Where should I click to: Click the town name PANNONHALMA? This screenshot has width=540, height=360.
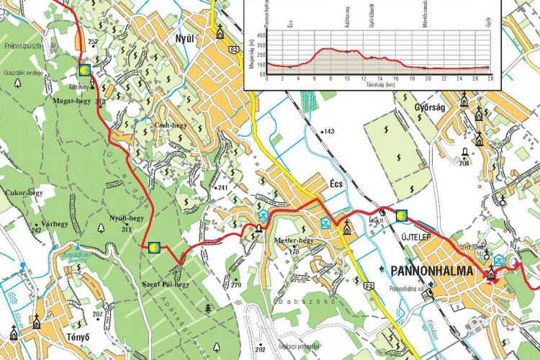point(431,271)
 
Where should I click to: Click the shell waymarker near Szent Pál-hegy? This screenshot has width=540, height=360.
point(153,247)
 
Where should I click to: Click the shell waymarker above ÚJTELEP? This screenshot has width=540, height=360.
point(402,213)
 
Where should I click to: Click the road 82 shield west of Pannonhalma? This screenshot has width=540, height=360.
point(369,287)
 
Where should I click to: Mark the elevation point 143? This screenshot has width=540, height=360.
point(328,131)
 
